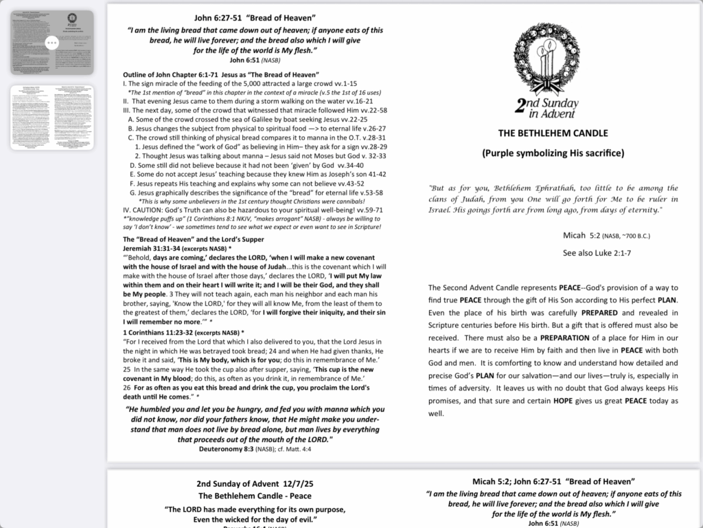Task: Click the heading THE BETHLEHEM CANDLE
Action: (553, 133)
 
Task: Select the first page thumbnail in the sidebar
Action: (51, 43)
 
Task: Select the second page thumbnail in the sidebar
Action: (51, 118)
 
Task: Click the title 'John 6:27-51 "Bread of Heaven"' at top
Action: (255, 18)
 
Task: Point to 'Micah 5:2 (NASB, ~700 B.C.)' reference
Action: (606, 236)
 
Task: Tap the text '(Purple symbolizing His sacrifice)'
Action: (553, 153)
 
